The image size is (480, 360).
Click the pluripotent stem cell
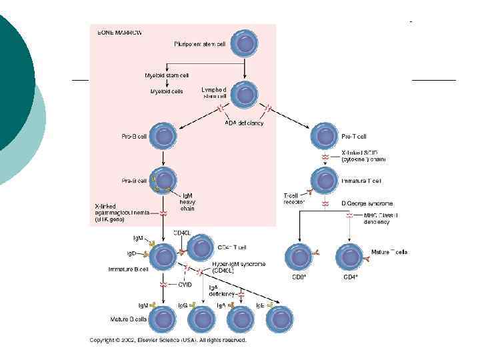[x=247, y=45]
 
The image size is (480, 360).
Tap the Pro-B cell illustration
[x=163, y=137]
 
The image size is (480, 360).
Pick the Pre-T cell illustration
[x=325, y=137]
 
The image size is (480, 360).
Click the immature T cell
[x=325, y=181]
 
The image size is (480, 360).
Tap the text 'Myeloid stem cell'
[x=167, y=75]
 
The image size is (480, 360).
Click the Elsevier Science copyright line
[x=168, y=340]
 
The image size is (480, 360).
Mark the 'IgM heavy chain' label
[x=188, y=201]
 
